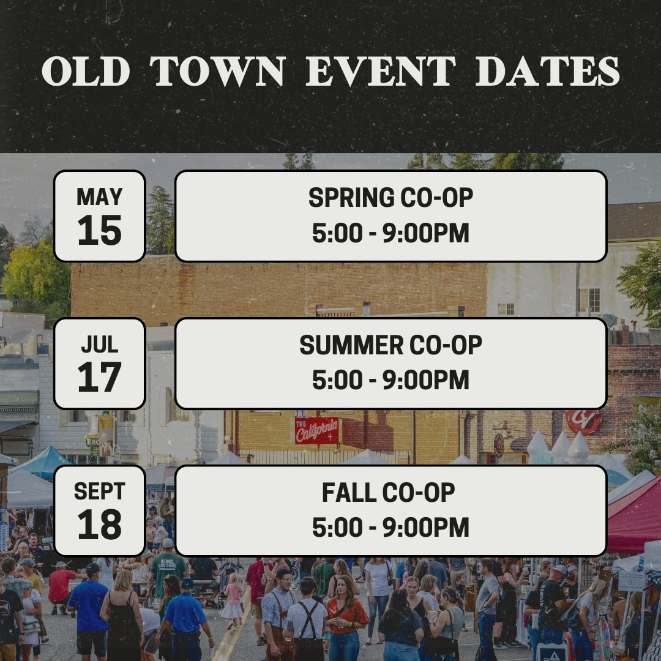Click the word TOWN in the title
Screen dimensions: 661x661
pos(217,71)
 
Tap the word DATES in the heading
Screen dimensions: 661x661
pos(548,71)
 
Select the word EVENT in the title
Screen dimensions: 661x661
pos(381,71)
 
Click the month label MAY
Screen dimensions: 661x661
pos(100,196)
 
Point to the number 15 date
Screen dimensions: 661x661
pos(100,230)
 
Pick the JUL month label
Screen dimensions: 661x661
pos(100,345)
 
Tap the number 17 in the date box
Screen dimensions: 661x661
pos(100,377)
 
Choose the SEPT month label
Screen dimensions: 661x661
pos(100,491)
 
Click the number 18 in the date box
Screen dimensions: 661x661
pos(100,525)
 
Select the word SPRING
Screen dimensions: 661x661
pos(351,197)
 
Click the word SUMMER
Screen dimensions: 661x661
pos(351,345)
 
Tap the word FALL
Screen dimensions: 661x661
pos(349,492)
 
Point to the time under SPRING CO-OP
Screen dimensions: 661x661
pos(390,233)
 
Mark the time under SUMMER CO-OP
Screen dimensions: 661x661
pos(390,380)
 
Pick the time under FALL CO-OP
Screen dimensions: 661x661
pos(390,528)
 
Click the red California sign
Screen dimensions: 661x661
pos(316,430)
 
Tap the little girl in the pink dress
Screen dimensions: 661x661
pos(233,600)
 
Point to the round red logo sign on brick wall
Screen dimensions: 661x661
pos(583,421)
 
